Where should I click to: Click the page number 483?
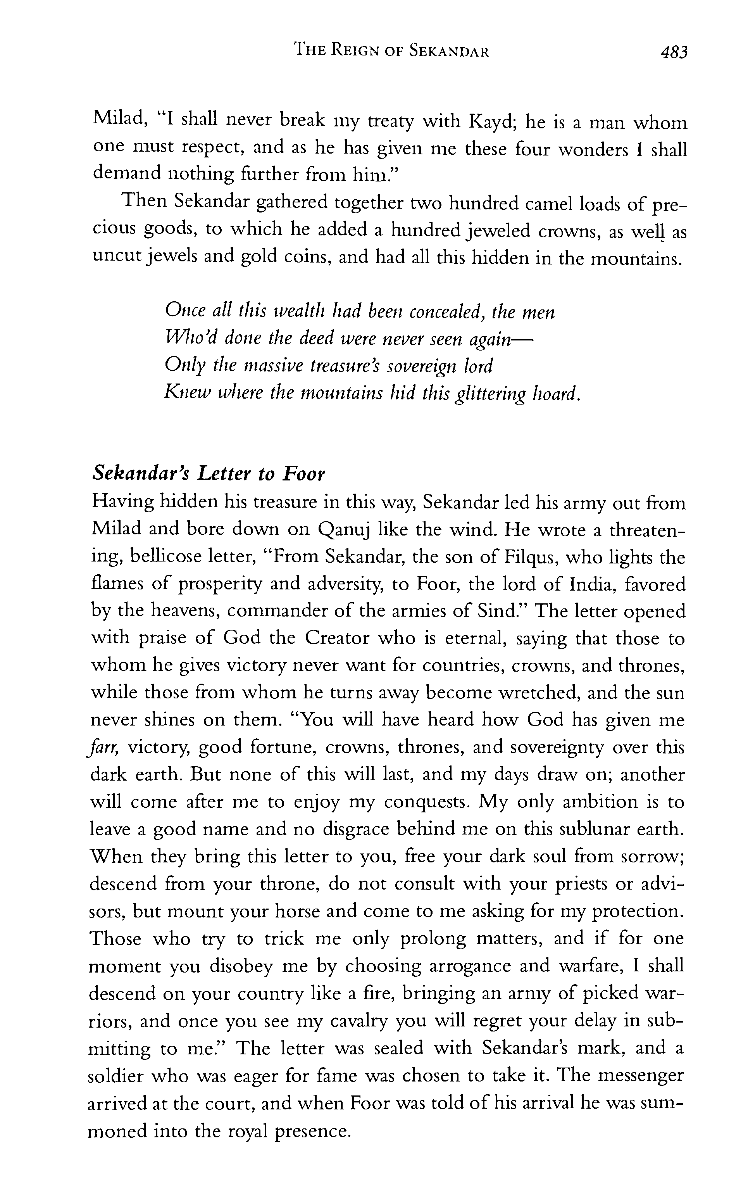point(673,52)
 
